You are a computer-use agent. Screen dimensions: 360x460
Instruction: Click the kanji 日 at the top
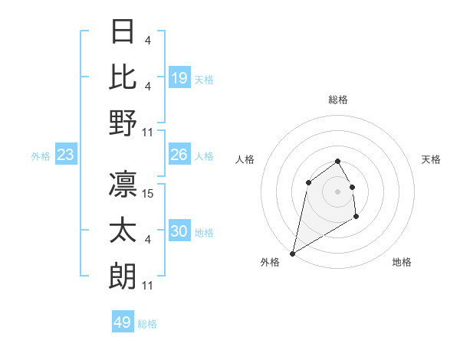tap(123, 32)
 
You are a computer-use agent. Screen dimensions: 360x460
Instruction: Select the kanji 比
tap(123, 77)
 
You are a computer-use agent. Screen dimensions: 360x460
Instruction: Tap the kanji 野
tap(123, 123)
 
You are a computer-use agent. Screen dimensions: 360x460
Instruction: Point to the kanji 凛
tap(123, 184)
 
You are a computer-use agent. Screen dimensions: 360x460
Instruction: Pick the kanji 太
tap(123, 230)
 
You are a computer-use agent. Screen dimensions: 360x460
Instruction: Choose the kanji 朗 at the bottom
tap(123, 276)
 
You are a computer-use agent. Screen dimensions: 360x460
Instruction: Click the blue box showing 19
tap(179, 78)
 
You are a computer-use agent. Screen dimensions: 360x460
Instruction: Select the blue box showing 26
tap(179, 155)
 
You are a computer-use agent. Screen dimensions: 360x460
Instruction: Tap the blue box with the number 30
tap(179, 231)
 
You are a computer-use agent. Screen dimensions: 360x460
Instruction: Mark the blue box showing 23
tap(66, 155)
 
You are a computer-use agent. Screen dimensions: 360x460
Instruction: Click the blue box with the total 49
tap(123, 322)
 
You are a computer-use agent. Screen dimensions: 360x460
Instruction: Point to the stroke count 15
tap(149, 194)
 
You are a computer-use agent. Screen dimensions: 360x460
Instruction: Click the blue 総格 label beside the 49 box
tap(147, 324)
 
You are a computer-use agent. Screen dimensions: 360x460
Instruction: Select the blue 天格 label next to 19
tap(204, 80)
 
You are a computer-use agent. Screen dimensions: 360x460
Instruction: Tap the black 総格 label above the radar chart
tap(337, 100)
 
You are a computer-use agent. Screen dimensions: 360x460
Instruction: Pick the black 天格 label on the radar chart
tap(432, 159)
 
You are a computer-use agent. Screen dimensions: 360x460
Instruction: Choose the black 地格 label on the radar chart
tap(402, 262)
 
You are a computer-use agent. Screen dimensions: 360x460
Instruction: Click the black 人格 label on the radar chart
tap(245, 159)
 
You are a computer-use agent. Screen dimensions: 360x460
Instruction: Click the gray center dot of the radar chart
tap(337, 191)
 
